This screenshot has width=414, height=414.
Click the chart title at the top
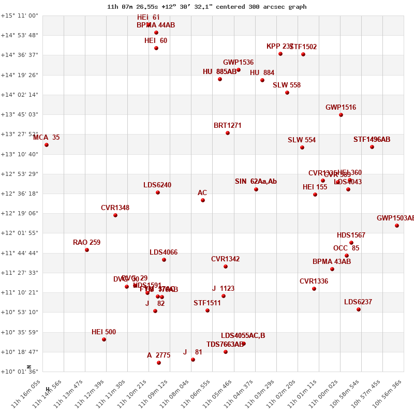(x=206, y=7)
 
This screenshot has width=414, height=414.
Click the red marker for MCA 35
(x=47, y=145)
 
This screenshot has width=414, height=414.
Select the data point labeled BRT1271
(x=228, y=133)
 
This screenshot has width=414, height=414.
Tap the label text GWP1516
(x=341, y=108)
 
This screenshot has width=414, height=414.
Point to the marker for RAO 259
(x=87, y=250)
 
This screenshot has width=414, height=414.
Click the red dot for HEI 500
(x=104, y=339)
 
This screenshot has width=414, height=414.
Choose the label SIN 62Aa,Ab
(x=256, y=182)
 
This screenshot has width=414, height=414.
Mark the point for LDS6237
(x=359, y=309)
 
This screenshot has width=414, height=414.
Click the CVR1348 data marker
(x=115, y=215)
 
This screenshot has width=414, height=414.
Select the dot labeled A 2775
(x=159, y=363)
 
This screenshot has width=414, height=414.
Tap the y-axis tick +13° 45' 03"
(x=19, y=114)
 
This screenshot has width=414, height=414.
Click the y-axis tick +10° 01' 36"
(x=19, y=372)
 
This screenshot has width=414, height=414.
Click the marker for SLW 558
(x=287, y=93)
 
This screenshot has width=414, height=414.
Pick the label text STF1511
(x=207, y=303)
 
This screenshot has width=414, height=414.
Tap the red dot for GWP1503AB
(x=397, y=226)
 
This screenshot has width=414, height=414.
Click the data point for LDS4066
(x=164, y=260)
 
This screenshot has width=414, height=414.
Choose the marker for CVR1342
(x=226, y=267)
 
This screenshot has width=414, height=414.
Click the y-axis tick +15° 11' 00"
(x=19, y=16)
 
